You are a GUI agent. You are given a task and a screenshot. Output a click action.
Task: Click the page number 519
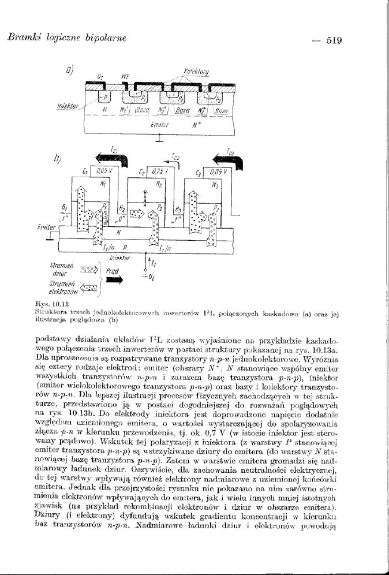tap(334, 40)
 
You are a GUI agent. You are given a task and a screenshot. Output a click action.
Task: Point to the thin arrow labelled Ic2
tap(174, 163)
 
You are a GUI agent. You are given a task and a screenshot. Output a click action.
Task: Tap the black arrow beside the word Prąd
tap(115, 279)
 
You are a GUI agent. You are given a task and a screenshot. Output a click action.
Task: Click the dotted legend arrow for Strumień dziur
tap(89, 268)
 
